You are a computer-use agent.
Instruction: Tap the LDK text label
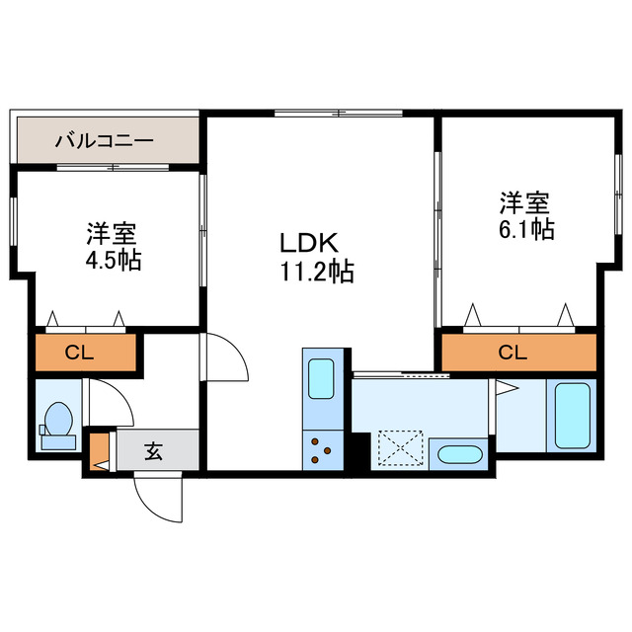tap(309, 243)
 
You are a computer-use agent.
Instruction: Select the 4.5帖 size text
tap(111, 261)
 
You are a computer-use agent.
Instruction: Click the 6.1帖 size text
tap(524, 229)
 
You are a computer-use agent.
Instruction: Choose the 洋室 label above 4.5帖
tap(111, 235)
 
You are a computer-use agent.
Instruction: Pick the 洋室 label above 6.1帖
tap(523, 203)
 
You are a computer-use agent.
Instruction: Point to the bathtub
tap(572, 415)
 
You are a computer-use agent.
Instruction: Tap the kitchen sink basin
tap(322, 378)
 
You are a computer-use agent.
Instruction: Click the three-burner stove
tap(322, 450)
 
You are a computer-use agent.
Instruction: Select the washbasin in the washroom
tap(458, 457)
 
